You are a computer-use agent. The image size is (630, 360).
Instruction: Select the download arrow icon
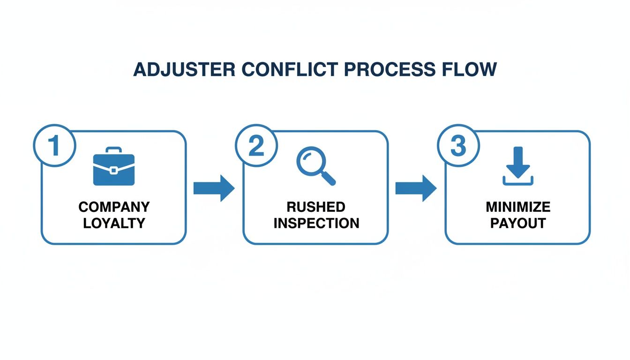click(517, 166)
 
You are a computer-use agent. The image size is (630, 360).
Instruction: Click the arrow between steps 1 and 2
click(214, 188)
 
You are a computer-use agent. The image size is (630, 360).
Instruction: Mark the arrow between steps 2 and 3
click(416, 188)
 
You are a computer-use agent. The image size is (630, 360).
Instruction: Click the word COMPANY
click(114, 207)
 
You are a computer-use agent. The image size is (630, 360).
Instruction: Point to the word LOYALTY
click(114, 224)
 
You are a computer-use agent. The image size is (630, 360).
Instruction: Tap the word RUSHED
click(316, 207)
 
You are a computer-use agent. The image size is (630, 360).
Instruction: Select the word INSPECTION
click(316, 224)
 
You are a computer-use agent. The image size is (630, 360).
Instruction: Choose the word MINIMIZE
click(518, 207)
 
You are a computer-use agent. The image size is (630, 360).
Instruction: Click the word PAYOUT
click(518, 224)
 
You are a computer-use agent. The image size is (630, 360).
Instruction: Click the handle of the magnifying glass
click(329, 179)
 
